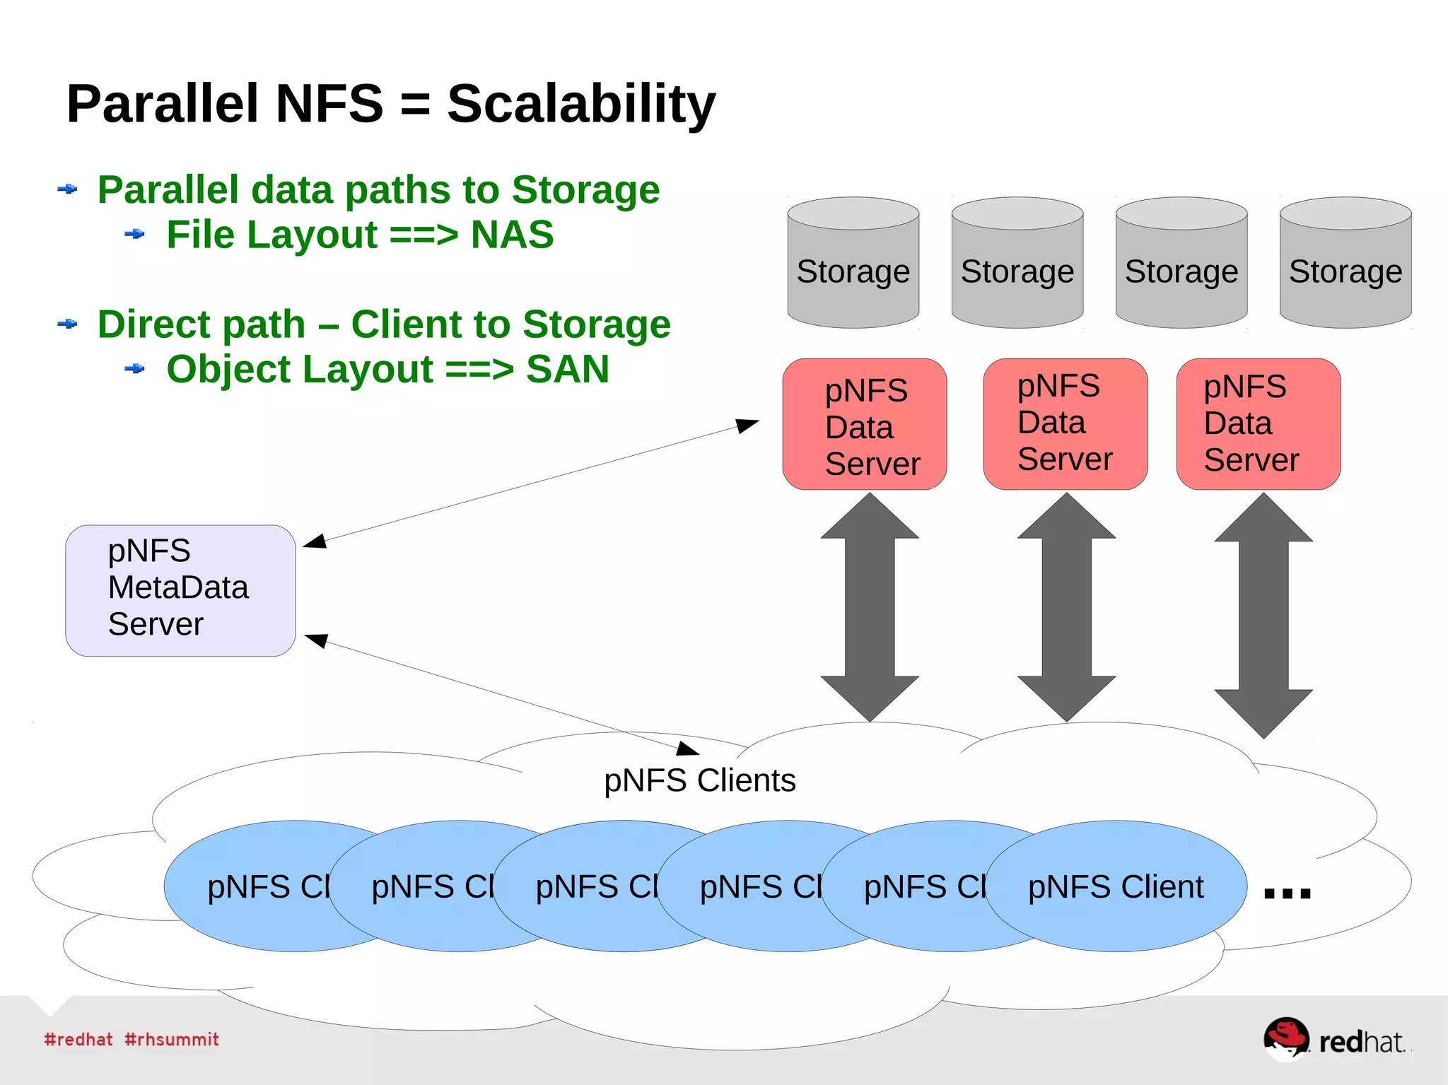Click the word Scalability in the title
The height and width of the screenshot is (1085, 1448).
(x=581, y=105)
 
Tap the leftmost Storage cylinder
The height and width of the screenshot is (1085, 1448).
(x=853, y=264)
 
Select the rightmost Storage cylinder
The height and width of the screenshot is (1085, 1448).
(x=1345, y=264)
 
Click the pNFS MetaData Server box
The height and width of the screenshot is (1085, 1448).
(x=180, y=590)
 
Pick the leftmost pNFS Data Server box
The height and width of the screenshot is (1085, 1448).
(x=864, y=424)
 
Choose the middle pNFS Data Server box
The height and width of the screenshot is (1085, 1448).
(x=1065, y=424)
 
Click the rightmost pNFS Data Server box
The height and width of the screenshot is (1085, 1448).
(x=1258, y=424)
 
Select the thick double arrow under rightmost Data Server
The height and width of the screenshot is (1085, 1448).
(x=1263, y=615)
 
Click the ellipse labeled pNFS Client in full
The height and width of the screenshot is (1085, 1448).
(x=1116, y=886)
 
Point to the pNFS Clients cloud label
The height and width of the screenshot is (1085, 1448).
(x=699, y=780)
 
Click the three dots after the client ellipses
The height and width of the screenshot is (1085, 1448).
(x=1287, y=893)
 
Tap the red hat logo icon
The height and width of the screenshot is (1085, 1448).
(x=1285, y=1038)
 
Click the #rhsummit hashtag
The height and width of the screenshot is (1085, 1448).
(x=172, y=1039)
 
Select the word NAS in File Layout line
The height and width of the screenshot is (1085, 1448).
(x=512, y=235)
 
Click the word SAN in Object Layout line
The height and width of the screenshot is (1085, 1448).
(x=567, y=369)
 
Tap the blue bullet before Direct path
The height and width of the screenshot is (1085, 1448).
(x=67, y=324)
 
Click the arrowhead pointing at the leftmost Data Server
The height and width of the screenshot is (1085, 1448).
(x=747, y=425)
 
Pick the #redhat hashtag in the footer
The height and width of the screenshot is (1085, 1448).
(x=78, y=1039)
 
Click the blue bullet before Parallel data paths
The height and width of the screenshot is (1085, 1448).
(x=67, y=189)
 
